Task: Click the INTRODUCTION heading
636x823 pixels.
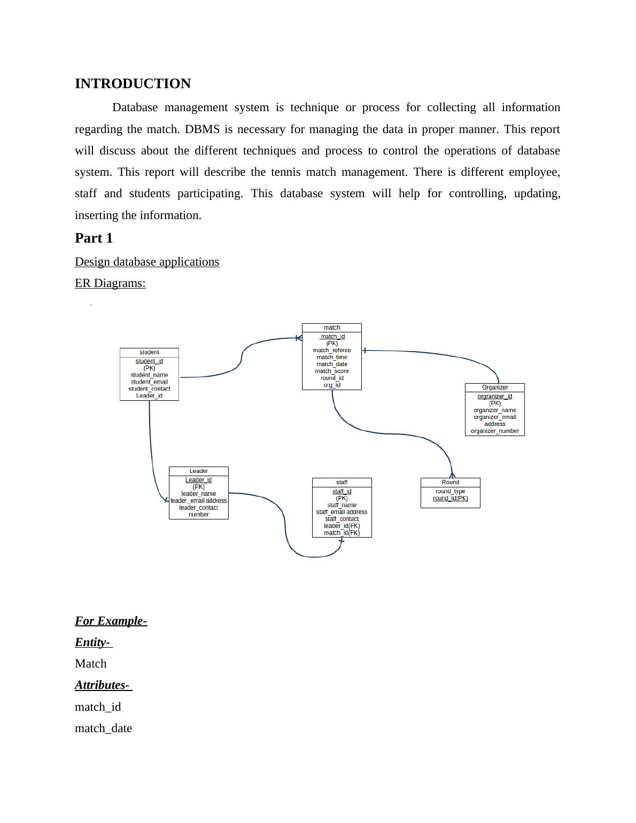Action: [x=133, y=84]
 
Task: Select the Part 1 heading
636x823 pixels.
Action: [x=94, y=238]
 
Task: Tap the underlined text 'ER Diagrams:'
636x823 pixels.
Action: [x=110, y=283]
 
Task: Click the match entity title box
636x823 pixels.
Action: [x=332, y=328]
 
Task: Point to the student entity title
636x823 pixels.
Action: [x=149, y=352]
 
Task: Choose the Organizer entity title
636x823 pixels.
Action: [x=495, y=387]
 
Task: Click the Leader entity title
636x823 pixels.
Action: [x=199, y=471]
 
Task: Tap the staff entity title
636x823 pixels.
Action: [x=342, y=483]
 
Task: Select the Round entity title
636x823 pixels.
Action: [x=451, y=482]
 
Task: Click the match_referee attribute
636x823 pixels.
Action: [x=332, y=351]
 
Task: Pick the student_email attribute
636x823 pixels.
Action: [x=149, y=382]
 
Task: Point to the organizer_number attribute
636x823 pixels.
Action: [x=495, y=431]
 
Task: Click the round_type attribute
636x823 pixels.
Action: [x=451, y=491]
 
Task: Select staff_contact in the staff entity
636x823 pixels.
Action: [x=342, y=519]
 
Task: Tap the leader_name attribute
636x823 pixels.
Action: [x=199, y=494]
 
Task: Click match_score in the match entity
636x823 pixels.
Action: [x=332, y=371]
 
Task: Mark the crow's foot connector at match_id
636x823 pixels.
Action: [x=299, y=338]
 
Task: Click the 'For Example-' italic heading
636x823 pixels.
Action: [x=111, y=621]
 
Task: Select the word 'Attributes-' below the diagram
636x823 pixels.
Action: [x=103, y=685]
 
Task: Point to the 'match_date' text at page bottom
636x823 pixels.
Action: [x=103, y=728]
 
